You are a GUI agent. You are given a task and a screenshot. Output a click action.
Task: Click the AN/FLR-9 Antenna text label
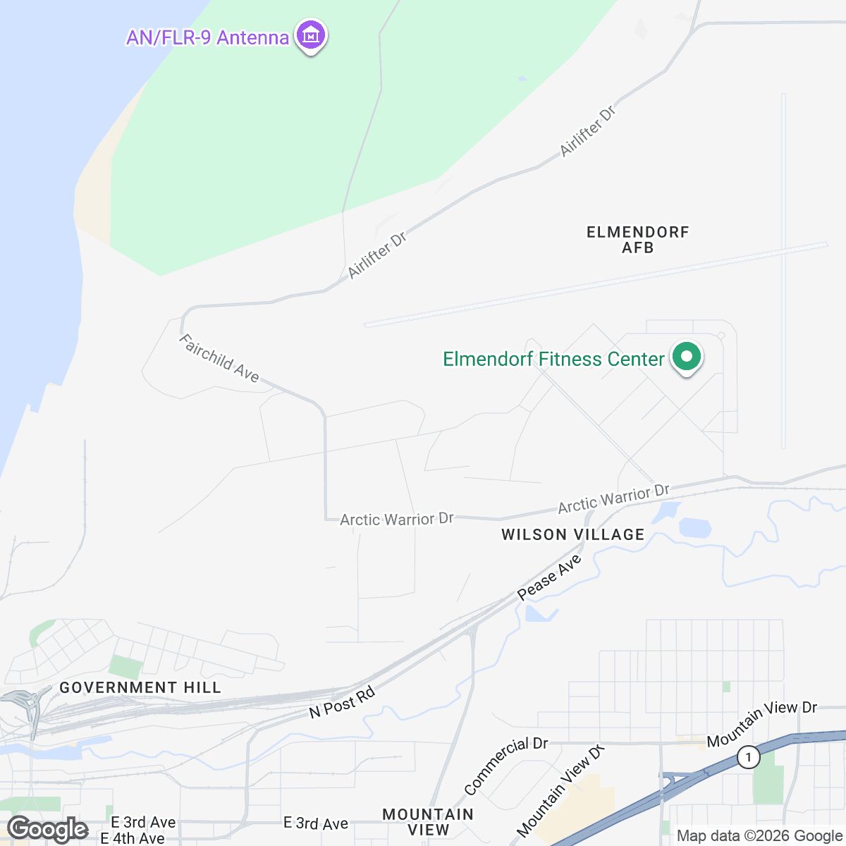(x=207, y=37)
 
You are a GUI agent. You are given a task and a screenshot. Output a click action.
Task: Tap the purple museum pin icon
(x=310, y=35)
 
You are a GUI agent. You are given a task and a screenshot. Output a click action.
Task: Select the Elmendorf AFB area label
(x=637, y=240)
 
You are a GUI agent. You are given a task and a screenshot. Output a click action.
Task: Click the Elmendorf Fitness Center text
(x=553, y=360)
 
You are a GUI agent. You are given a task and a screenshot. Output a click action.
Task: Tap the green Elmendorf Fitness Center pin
(x=687, y=357)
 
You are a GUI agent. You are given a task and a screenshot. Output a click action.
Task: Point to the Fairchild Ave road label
(x=219, y=358)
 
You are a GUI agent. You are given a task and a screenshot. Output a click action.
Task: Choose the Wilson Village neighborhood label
(x=572, y=534)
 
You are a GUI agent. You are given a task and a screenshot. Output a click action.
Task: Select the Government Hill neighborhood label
(x=140, y=687)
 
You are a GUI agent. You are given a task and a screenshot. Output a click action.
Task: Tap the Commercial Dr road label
(x=505, y=765)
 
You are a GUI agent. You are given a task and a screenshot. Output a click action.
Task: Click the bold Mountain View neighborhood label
(x=428, y=822)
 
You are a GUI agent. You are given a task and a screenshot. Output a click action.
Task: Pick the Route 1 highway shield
(x=748, y=758)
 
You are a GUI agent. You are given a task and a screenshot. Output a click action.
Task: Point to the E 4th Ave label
(x=133, y=838)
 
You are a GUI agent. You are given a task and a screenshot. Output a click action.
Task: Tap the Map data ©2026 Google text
(x=759, y=836)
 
